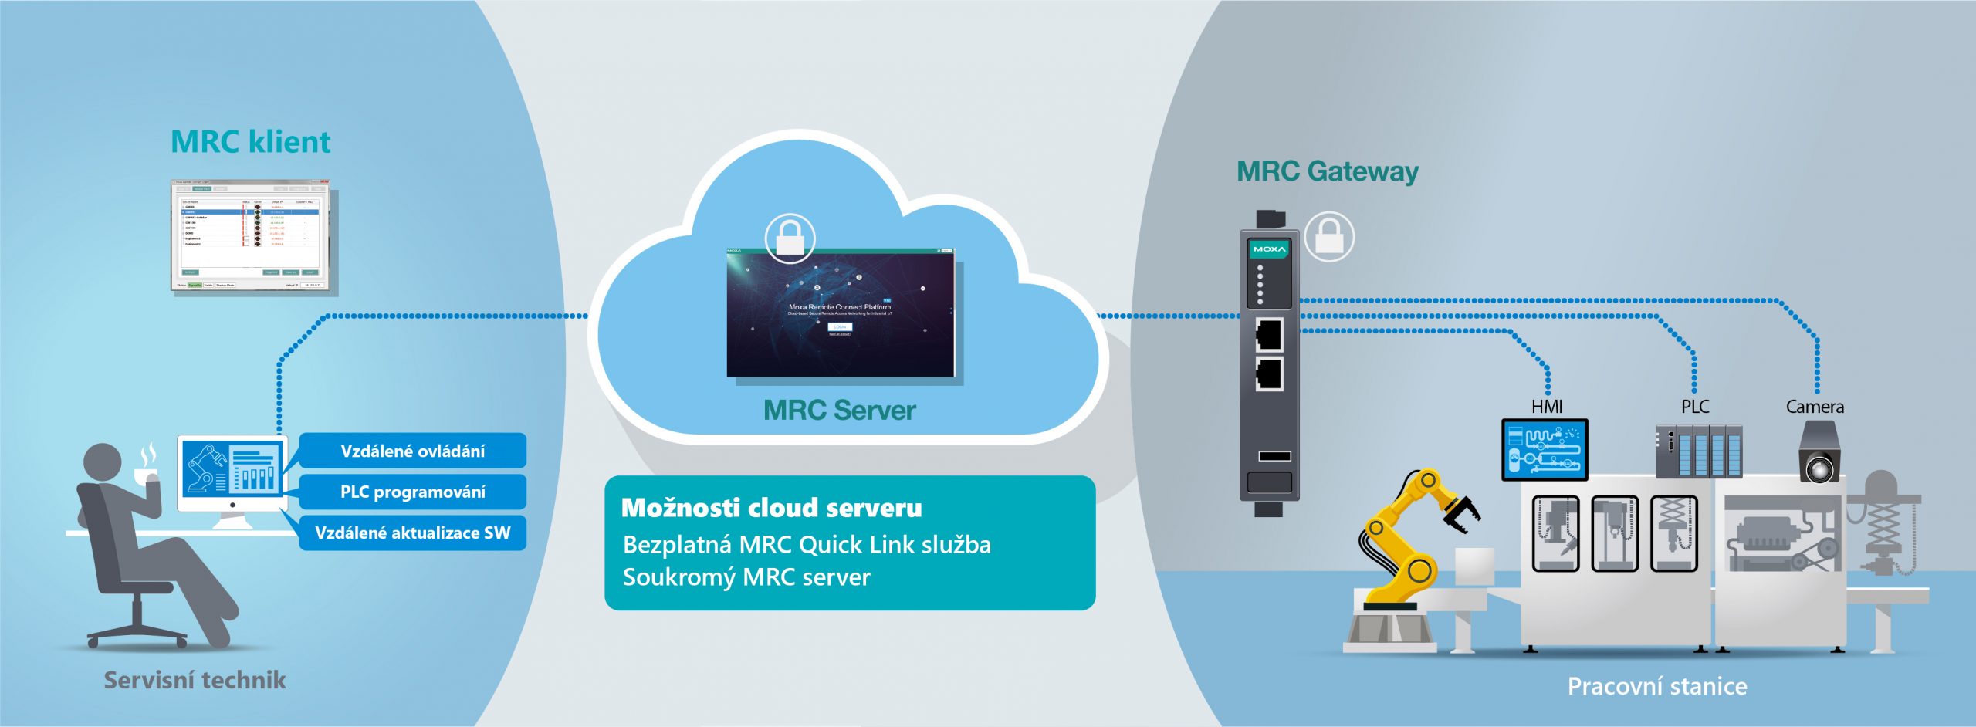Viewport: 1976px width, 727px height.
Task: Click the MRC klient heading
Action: [250, 142]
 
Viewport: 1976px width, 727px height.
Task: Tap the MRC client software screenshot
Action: [250, 235]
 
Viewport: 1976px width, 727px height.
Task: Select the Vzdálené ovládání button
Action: [412, 451]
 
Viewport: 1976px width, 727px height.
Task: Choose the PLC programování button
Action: [412, 492]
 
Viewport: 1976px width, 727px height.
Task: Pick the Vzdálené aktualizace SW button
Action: [412, 533]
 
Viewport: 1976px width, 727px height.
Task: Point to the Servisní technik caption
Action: [195, 680]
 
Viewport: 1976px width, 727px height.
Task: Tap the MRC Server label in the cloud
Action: [839, 410]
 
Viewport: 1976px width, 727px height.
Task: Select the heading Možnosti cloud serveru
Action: [771, 508]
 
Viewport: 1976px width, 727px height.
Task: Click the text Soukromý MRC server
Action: [746, 577]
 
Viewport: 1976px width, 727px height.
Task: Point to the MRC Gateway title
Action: [1327, 171]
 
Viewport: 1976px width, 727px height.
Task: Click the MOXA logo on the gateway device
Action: [1269, 249]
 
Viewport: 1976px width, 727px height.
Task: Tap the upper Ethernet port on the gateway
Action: [1269, 334]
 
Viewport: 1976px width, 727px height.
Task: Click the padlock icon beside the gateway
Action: [1328, 236]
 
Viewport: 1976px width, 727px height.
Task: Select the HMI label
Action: [1546, 407]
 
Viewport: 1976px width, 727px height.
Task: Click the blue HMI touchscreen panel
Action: [1544, 449]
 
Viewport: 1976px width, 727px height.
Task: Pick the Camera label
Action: [1814, 407]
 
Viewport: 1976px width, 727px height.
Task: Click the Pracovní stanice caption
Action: [1656, 686]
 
